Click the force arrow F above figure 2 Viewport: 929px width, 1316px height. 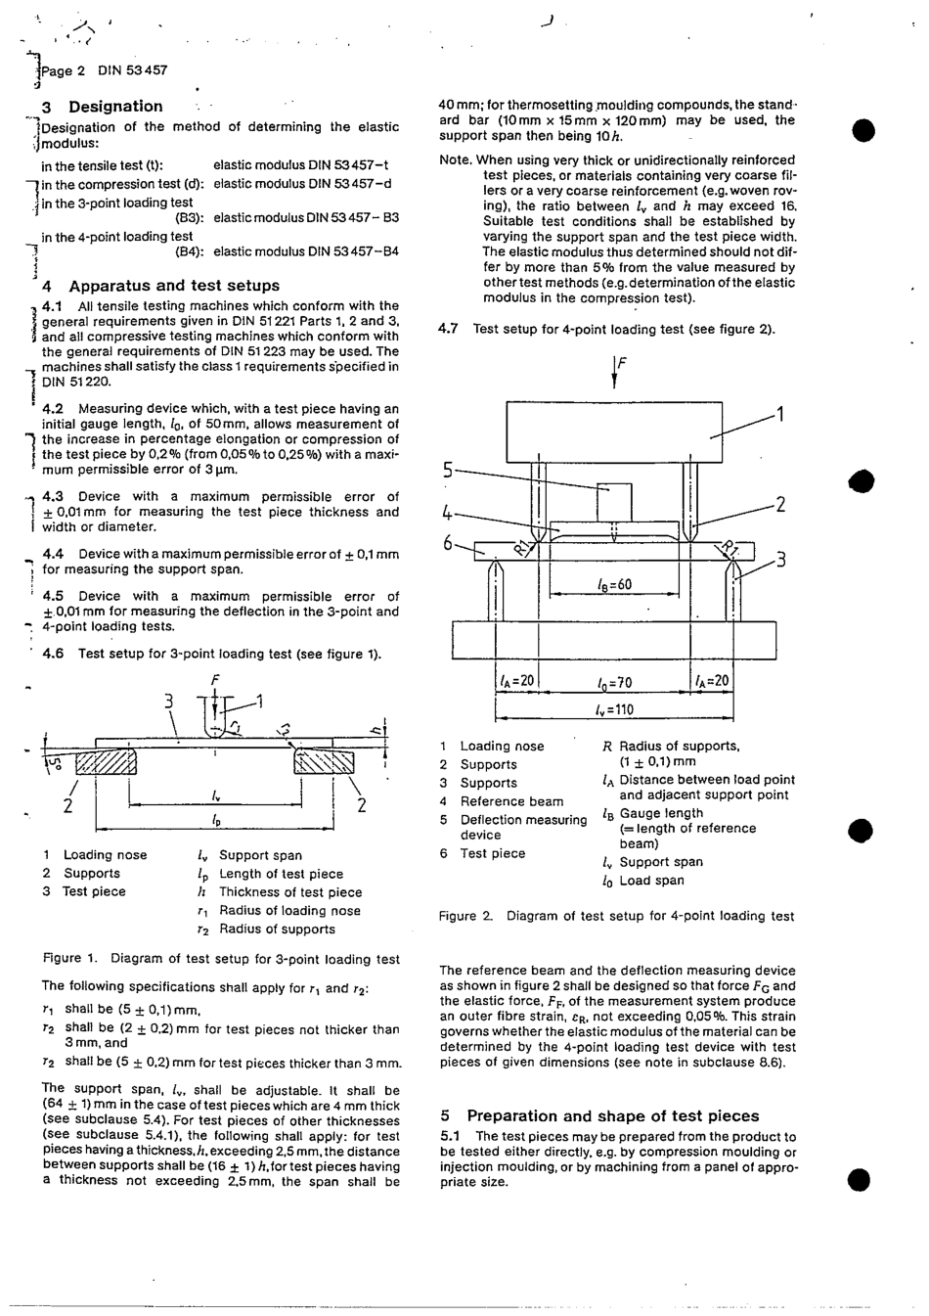point(615,372)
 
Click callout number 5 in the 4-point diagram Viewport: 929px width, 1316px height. point(448,471)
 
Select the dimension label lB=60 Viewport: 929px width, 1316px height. point(614,585)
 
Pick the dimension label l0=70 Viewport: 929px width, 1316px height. point(614,682)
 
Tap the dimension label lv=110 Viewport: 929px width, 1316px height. point(614,709)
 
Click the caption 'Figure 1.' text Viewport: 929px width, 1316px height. point(70,959)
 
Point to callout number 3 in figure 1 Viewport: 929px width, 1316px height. point(168,701)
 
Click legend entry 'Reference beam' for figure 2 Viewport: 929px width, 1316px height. point(511,801)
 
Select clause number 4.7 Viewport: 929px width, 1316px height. point(449,329)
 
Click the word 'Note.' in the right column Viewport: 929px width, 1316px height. point(456,160)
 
